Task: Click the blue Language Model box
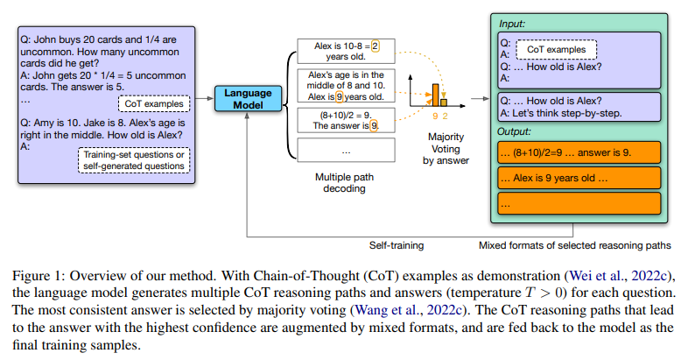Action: click(x=248, y=100)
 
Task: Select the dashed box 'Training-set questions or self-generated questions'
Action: click(x=135, y=161)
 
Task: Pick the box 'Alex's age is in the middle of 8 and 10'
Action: click(x=339, y=86)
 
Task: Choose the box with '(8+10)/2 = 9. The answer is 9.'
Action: click(x=339, y=120)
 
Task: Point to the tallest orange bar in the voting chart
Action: click(x=432, y=93)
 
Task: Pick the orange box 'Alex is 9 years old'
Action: click(x=578, y=178)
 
